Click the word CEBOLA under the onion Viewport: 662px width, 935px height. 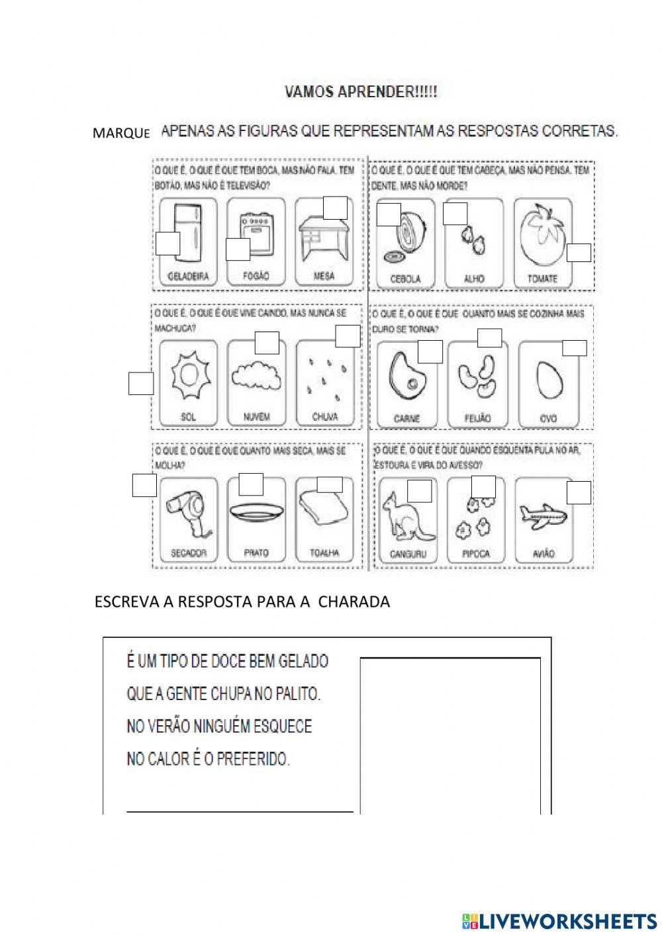point(405,279)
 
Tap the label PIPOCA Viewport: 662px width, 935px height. point(476,554)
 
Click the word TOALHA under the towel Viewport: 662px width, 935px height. point(324,553)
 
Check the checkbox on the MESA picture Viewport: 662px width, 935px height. point(335,208)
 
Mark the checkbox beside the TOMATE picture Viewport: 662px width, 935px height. point(579,253)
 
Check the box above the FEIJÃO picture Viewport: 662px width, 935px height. point(489,337)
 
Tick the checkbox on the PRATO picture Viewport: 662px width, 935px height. point(251,484)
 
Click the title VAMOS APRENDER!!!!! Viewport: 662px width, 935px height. point(361,92)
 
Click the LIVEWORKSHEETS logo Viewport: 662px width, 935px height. point(559,920)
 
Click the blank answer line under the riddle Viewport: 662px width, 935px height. point(240,810)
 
